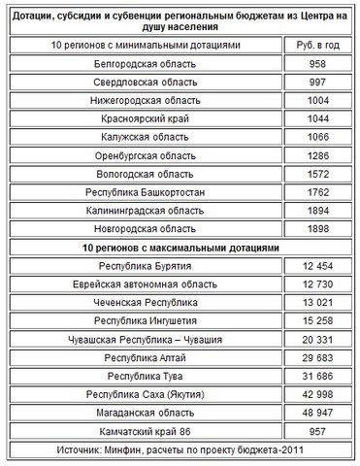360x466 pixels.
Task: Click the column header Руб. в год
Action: (x=316, y=46)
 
